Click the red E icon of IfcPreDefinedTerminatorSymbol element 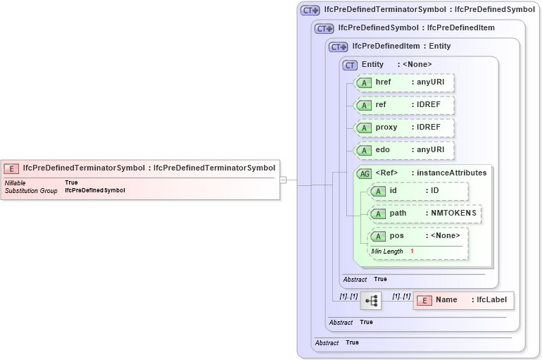11,168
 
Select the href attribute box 404,82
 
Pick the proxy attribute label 386,128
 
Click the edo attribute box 404,150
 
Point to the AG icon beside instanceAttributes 365,173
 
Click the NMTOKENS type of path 453,213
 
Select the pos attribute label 397,236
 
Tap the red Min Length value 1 412,252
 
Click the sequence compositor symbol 371,301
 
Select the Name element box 463,301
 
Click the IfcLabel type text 491,300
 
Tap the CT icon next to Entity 350,65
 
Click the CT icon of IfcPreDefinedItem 339,46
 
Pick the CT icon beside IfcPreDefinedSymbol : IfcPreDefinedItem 324,28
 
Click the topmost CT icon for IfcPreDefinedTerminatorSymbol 310,11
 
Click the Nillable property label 15,182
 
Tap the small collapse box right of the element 283,180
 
